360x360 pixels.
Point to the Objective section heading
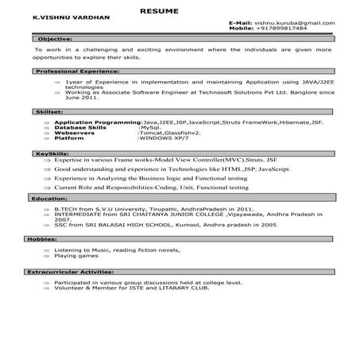55,38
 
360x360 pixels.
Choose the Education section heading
49,198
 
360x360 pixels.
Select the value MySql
152,126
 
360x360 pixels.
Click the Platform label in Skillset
75,137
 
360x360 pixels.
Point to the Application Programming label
99,121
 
